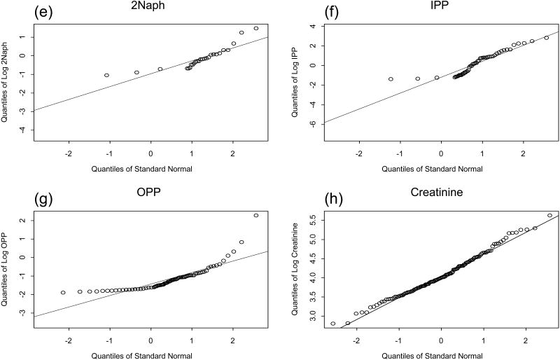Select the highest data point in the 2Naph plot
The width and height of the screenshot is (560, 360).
[x=256, y=29]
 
